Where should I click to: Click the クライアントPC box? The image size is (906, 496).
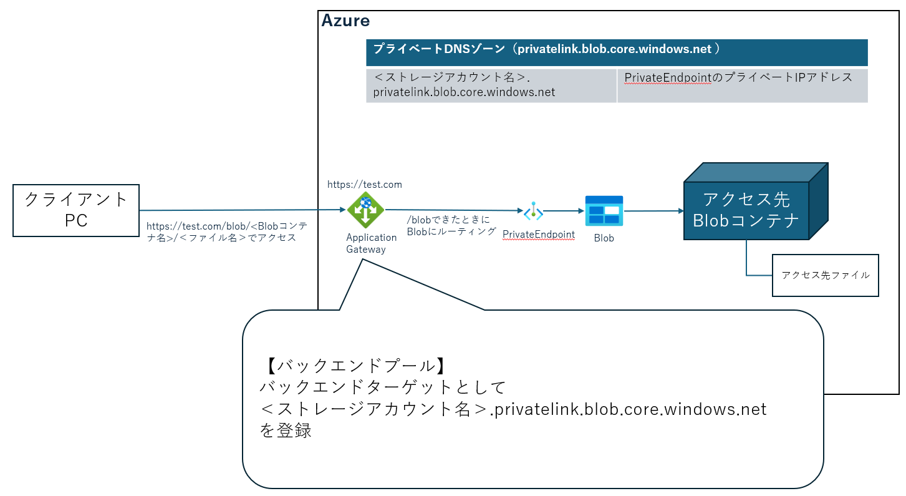tap(76, 210)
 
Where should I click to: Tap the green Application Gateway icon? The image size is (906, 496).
tap(366, 210)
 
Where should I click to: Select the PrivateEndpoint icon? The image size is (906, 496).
tap(533, 212)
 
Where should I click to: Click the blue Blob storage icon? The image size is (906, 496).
tap(604, 211)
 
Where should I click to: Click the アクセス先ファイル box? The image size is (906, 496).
tap(825, 275)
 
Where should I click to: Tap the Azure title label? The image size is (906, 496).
tap(345, 21)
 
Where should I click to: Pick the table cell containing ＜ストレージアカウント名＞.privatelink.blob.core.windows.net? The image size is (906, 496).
tap(491, 85)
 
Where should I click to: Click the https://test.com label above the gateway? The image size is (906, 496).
tap(365, 185)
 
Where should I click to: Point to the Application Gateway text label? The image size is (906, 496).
tap(371, 243)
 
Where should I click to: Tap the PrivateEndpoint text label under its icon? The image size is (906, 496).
tap(539, 235)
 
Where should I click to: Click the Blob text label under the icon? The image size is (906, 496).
tap(604, 238)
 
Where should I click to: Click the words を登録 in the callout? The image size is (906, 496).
tap(286, 431)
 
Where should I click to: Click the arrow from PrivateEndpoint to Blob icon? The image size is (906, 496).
tap(563, 212)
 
